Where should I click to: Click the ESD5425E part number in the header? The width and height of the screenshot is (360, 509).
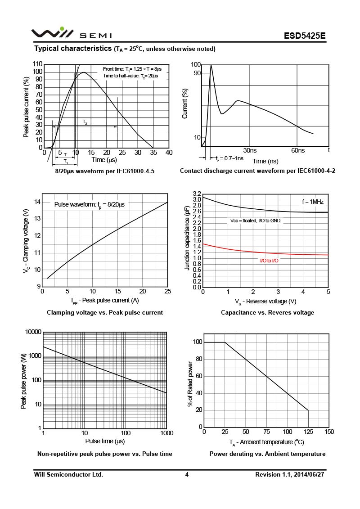click(x=304, y=36)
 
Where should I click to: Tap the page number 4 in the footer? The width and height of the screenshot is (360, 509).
click(x=187, y=474)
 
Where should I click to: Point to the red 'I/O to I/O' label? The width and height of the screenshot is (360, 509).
click(x=269, y=261)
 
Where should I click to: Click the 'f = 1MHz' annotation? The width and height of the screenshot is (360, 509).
click(x=313, y=202)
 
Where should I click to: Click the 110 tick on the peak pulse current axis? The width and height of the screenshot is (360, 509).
click(x=38, y=64)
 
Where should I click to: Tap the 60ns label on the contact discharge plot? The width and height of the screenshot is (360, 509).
click(x=297, y=150)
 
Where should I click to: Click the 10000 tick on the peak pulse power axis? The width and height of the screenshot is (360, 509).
click(x=32, y=332)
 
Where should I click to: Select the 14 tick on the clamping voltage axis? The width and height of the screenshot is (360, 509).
click(x=38, y=202)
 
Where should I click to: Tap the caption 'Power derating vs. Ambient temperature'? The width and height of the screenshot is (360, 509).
click(x=267, y=454)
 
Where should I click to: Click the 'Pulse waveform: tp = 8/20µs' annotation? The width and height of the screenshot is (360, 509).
click(x=89, y=205)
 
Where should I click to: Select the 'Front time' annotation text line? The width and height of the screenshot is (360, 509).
click(x=132, y=69)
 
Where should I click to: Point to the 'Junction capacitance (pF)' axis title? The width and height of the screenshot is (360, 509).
click(x=187, y=238)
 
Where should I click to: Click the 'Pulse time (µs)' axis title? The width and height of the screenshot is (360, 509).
click(x=105, y=441)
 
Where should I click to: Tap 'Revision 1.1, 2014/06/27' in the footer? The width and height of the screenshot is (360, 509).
click(x=290, y=474)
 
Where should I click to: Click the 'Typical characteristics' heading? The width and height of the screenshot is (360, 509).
click(x=73, y=48)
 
